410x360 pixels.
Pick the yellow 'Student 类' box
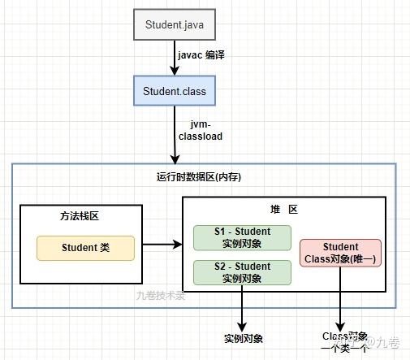point(85,248)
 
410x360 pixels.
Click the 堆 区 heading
point(283,210)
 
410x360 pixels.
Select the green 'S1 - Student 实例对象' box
point(243,237)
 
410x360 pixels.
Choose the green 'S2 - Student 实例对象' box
point(243,272)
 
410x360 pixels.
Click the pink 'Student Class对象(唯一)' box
point(340,253)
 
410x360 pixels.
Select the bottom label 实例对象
point(243,338)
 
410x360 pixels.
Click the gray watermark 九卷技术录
point(161,296)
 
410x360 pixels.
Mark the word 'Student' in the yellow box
point(79,248)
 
